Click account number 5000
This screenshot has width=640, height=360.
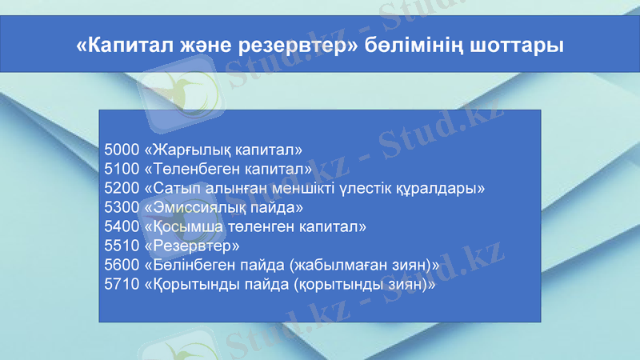(121, 150)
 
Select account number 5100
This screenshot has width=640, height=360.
(121, 169)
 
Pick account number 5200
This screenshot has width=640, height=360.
(121, 188)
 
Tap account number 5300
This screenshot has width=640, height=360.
(121, 207)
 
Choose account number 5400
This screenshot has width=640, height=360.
(121, 226)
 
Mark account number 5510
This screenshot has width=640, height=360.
(121, 246)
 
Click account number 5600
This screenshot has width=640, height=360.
(121, 265)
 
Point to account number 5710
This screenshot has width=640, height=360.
(121, 284)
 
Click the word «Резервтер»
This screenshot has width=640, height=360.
(191, 246)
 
